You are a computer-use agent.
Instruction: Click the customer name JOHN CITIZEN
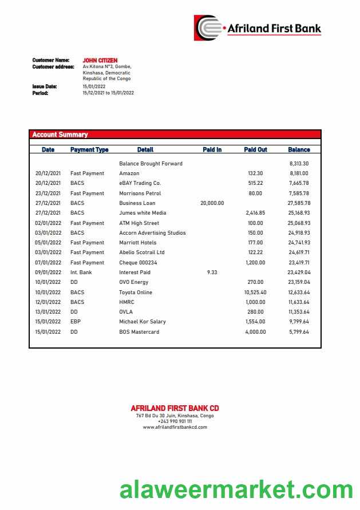[100, 60]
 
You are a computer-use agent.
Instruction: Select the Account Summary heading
[60, 135]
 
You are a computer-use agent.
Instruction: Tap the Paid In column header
[212, 150]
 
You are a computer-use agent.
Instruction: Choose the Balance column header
[299, 150]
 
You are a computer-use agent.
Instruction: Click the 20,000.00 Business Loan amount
[212, 203]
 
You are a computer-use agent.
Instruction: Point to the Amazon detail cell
[129, 173]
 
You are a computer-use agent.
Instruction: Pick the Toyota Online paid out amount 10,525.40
[255, 292]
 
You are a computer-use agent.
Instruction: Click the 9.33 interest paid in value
[212, 272]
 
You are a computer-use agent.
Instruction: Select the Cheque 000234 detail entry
[138, 263]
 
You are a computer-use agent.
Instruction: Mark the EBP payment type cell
[76, 322]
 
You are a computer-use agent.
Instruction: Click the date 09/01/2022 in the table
[48, 272]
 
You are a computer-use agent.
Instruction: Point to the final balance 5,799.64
[298, 332]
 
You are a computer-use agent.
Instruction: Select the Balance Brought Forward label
[151, 164]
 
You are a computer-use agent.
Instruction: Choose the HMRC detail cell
[126, 302]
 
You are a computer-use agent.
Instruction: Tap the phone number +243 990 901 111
[175, 421]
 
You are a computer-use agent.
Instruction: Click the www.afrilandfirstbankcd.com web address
[175, 427]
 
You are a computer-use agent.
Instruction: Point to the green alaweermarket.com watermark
[236, 491]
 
